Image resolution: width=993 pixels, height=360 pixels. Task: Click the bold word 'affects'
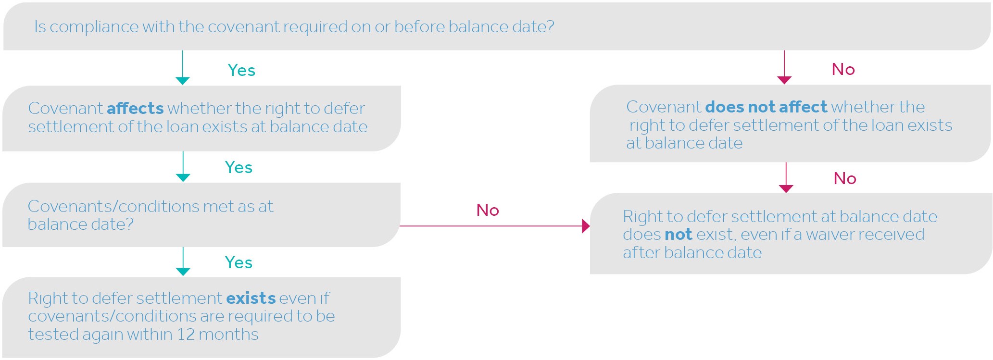pyautogui.click(x=135, y=108)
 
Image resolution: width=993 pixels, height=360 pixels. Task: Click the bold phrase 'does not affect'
pyautogui.click(x=766, y=107)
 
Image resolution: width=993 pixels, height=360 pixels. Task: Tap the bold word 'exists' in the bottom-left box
pyautogui.click(x=251, y=298)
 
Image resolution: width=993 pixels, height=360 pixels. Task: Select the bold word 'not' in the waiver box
pyautogui.click(x=678, y=235)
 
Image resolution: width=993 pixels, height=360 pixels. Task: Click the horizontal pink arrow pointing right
pyautogui.click(x=494, y=225)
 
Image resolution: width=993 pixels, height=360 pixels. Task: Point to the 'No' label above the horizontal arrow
pyautogui.click(x=488, y=210)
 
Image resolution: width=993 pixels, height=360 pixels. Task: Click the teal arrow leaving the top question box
pyautogui.click(x=183, y=67)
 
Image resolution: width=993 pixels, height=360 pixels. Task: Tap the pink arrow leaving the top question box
pyautogui.click(x=784, y=67)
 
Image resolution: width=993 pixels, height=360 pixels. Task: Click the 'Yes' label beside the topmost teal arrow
pyautogui.click(x=241, y=71)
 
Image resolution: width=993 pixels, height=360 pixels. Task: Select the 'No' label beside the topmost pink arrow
pyautogui.click(x=843, y=69)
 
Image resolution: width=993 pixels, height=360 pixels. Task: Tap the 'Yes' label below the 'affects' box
pyautogui.click(x=239, y=168)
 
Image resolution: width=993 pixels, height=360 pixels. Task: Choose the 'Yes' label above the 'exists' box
pyautogui.click(x=239, y=263)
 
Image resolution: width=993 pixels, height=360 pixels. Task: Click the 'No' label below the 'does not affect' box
pyautogui.click(x=845, y=179)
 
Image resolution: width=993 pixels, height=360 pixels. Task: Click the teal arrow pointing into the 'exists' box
pyautogui.click(x=183, y=261)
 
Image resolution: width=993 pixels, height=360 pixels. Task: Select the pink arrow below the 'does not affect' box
pyautogui.click(x=786, y=177)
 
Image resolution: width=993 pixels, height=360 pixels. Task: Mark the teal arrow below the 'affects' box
pyautogui.click(x=183, y=166)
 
